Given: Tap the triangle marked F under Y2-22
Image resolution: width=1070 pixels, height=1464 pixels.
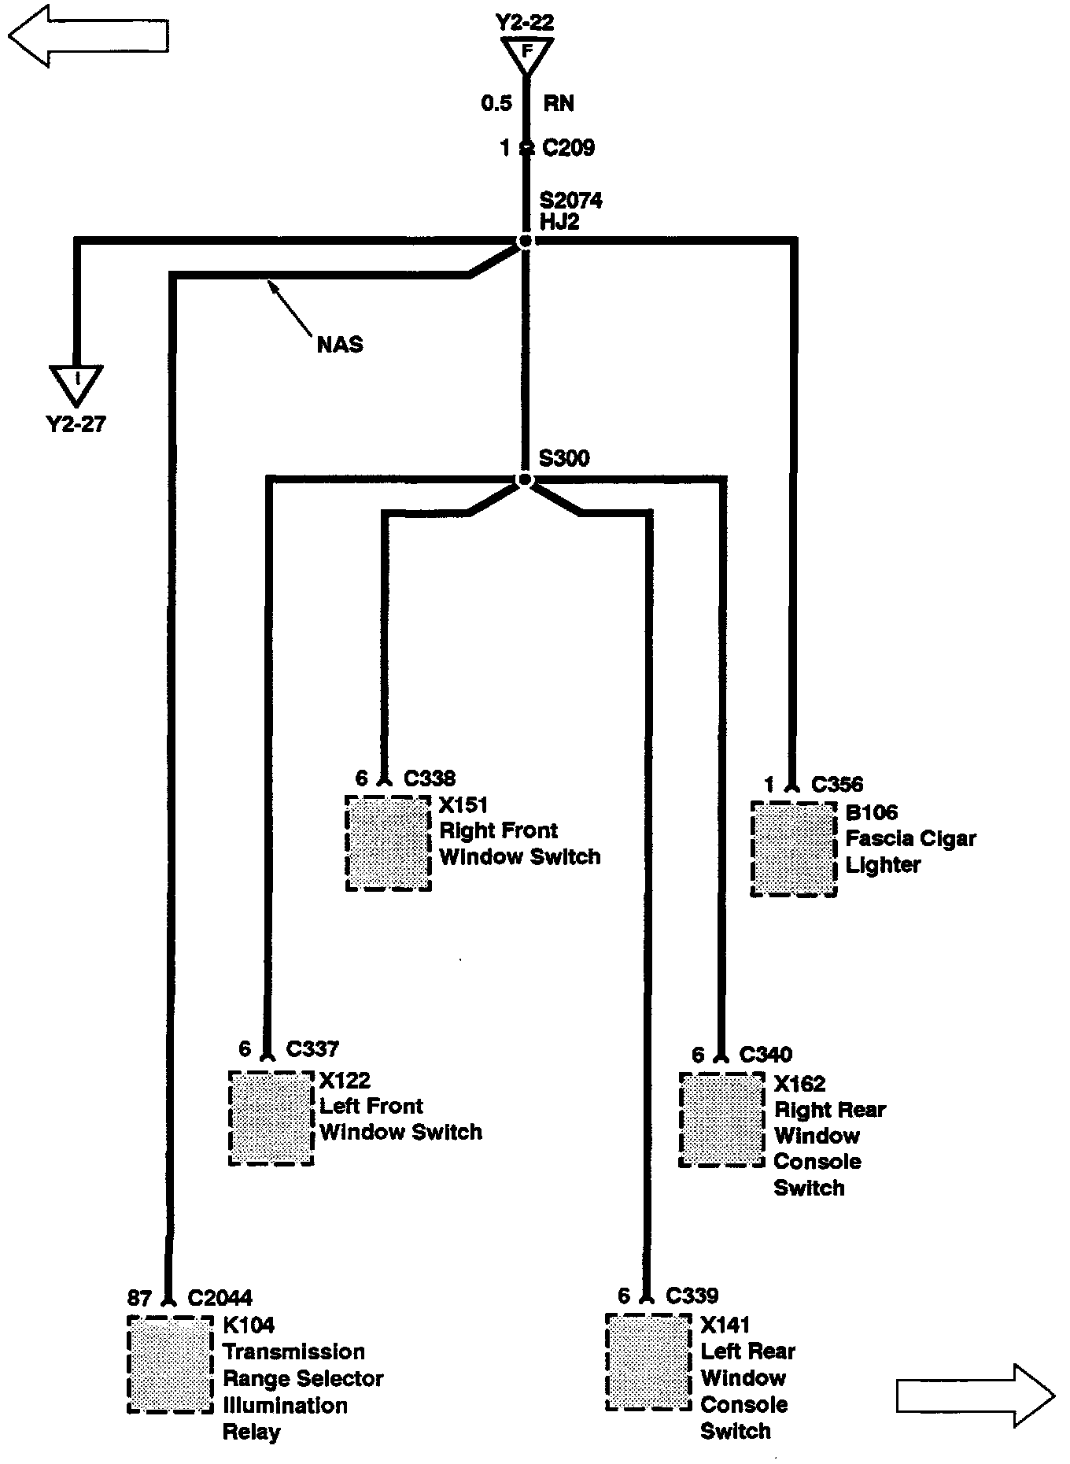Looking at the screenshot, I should click(x=527, y=55).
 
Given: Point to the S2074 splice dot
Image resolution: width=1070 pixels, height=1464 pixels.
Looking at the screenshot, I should click(x=525, y=241).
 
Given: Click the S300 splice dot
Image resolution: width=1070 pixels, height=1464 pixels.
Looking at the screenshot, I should click(x=525, y=480).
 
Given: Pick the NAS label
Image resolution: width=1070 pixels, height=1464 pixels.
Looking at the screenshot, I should click(x=340, y=345).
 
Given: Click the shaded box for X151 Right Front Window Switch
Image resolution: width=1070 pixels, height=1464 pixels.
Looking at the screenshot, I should click(x=389, y=843).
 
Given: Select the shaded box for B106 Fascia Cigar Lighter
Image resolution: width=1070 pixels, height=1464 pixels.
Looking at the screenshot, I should click(x=794, y=848).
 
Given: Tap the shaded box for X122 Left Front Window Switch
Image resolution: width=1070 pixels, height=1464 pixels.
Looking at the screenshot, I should click(x=271, y=1118).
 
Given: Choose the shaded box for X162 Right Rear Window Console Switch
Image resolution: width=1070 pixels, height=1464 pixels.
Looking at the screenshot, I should click(x=721, y=1119).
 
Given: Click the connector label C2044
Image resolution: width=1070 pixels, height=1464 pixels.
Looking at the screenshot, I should click(x=220, y=1298).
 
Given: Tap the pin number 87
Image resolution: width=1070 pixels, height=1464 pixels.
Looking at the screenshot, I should click(x=139, y=1298).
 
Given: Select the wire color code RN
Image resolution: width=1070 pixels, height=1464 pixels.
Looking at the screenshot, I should click(x=559, y=103).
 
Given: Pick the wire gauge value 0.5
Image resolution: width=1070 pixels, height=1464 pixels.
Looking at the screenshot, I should click(x=496, y=103).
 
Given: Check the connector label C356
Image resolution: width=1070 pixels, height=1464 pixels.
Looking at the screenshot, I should click(x=837, y=785).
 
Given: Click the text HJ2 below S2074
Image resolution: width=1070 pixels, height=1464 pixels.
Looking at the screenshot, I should click(x=559, y=222).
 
